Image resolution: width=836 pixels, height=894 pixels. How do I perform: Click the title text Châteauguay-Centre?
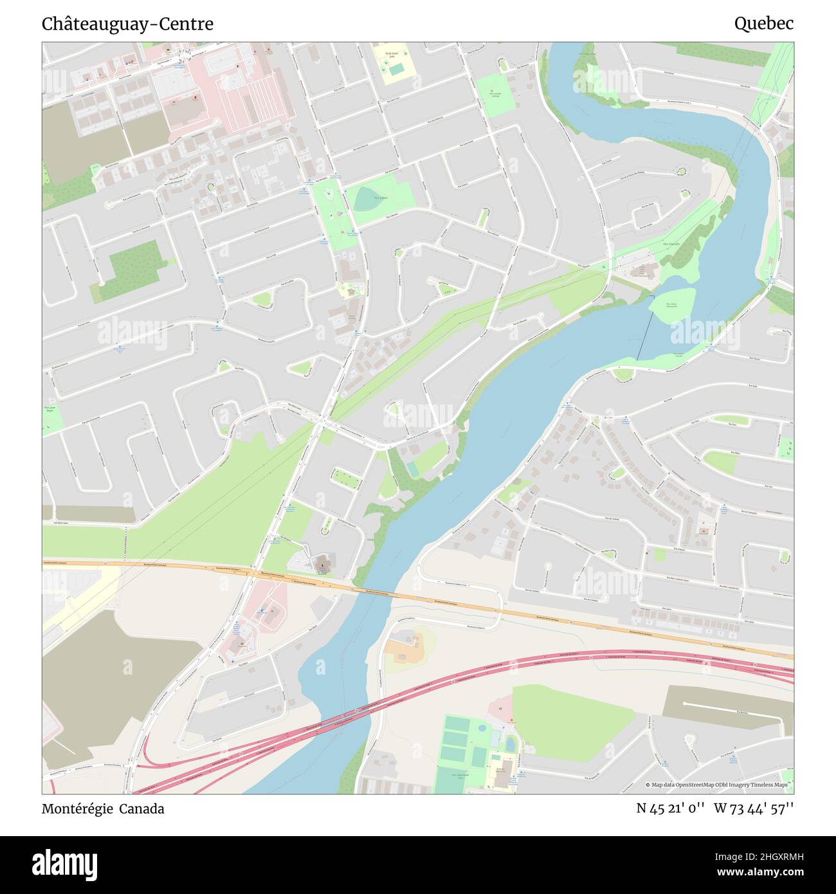coord(127,24)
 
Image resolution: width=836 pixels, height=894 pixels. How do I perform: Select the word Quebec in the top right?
coord(763,24)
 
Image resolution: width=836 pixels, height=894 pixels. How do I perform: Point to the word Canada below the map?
coord(144,808)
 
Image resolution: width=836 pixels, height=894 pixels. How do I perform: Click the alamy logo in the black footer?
coord(65,864)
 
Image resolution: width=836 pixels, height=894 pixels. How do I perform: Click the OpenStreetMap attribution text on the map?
coord(718,785)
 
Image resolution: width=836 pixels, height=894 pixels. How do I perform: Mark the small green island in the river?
coord(671,304)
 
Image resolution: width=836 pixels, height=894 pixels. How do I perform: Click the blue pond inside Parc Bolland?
coord(367,199)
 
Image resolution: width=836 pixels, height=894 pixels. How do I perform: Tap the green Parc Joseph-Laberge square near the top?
coord(495,95)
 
